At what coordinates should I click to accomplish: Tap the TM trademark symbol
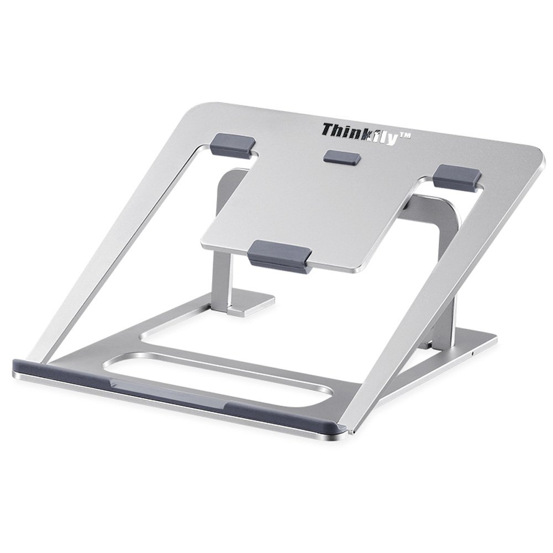[404, 135]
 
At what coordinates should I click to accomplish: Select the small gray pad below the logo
[342, 156]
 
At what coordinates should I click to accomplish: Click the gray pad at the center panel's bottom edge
[280, 256]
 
